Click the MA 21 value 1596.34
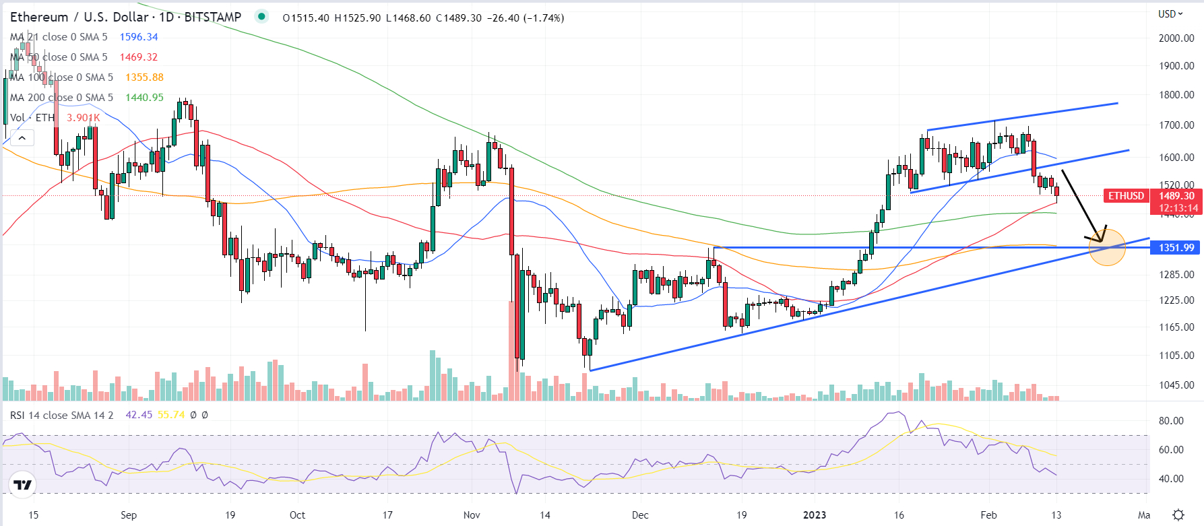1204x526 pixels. (x=139, y=37)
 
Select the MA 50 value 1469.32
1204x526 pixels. (x=139, y=57)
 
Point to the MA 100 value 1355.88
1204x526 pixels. (x=144, y=77)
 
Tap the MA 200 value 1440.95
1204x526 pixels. (x=144, y=98)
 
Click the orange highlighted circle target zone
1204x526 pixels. (x=1107, y=247)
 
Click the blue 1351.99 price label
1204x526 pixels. (x=1176, y=248)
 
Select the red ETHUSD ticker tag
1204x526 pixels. (x=1126, y=196)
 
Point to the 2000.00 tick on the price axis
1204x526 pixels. (x=1176, y=38)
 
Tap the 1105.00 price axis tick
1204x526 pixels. (x=1176, y=356)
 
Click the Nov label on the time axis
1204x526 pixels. (x=472, y=515)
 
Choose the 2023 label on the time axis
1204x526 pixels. (x=815, y=515)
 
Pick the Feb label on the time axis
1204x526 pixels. (x=988, y=515)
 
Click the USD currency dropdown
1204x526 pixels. (x=1170, y=14)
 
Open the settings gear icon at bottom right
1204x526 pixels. (x=1178, y=515)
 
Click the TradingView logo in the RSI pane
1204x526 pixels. (x=22, y=485)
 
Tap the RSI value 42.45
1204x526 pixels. (x=139, y=415)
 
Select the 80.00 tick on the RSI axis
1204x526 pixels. (x=1171, y=421)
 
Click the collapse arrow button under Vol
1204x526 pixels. (x=22, y=139)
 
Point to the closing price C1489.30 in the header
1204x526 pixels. (x=459, y=18)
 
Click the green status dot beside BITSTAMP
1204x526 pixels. (x=261, y=17)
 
